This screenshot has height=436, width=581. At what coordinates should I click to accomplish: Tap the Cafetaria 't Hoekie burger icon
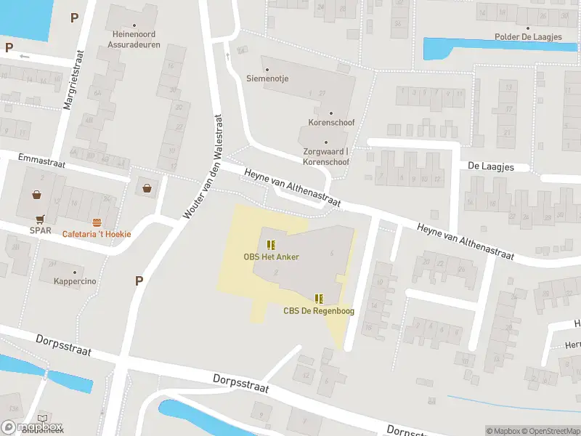(97, 222)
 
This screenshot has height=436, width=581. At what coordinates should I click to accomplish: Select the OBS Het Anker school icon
(272, 245)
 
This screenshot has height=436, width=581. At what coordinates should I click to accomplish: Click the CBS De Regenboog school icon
(318, 299)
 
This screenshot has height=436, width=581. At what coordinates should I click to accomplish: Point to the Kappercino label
(75, 281)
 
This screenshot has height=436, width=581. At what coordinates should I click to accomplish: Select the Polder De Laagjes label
(527, 37)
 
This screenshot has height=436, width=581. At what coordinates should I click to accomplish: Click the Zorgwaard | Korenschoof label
(326, 156)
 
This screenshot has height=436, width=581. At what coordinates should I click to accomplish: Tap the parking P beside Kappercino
(139, 281)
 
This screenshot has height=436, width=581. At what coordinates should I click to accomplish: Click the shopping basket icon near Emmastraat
(148, 188)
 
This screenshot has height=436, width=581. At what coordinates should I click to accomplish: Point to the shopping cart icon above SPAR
(39, 218)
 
